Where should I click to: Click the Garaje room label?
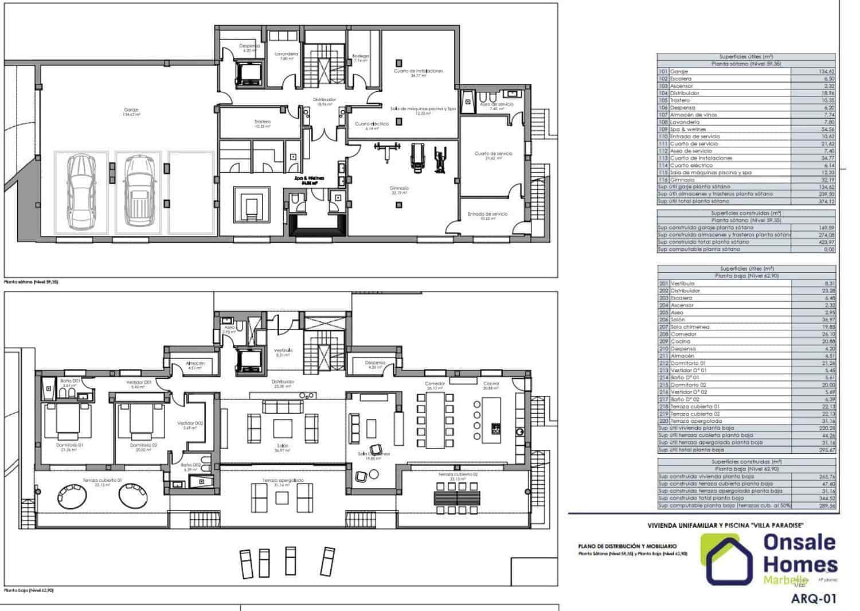(x=131, y=110)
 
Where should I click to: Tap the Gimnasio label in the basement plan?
(x=400, y=188)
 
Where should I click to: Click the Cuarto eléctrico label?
(x=372, y=124)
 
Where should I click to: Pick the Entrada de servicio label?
(x=487, y=214)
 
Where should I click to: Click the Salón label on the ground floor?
(x=283, y=446)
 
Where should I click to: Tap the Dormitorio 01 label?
(x=69, y=445)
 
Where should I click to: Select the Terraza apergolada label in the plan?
(x=283, y=480)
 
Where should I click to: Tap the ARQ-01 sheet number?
(x=813, y=599)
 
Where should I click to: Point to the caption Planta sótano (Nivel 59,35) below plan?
(x=31, y=282)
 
